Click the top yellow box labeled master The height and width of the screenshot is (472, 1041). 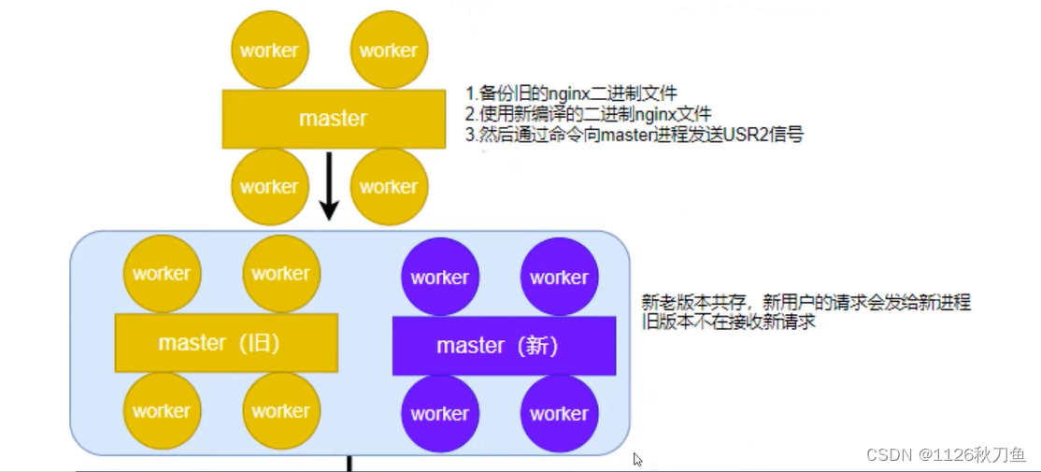333,119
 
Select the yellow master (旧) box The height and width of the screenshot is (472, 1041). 225,343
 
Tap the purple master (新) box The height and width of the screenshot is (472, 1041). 504,346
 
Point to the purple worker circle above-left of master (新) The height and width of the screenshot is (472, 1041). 440,277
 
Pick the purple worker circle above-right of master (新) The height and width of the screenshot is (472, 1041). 560,277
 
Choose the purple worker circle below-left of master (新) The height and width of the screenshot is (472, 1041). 440,413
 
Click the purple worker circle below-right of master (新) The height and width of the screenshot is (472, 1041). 560,413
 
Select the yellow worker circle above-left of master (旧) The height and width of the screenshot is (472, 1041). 162,274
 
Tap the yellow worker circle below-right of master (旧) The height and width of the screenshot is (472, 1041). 281,410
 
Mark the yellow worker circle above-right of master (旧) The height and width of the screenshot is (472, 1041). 281,274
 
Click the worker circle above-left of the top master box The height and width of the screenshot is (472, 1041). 269,50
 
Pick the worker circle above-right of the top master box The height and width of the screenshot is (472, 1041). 389,50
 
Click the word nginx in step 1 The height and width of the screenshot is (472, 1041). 560,93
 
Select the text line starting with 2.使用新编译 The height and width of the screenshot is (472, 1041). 588,114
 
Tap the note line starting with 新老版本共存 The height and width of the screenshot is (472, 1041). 806,302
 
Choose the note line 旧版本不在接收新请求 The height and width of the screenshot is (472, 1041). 729,322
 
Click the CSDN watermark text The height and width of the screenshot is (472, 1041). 946,454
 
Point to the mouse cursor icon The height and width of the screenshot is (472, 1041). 637,459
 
